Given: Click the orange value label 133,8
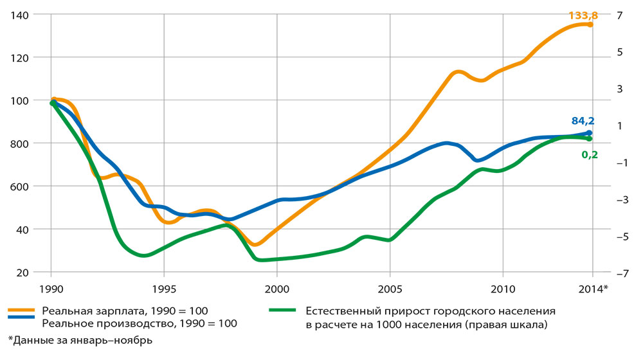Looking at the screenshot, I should [582, 15].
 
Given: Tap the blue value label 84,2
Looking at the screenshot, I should [583, 121].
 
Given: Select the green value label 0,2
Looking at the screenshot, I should [590, 154].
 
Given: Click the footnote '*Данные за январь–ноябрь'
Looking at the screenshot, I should [80, 340].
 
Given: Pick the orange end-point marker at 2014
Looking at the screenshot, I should [590, 24].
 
